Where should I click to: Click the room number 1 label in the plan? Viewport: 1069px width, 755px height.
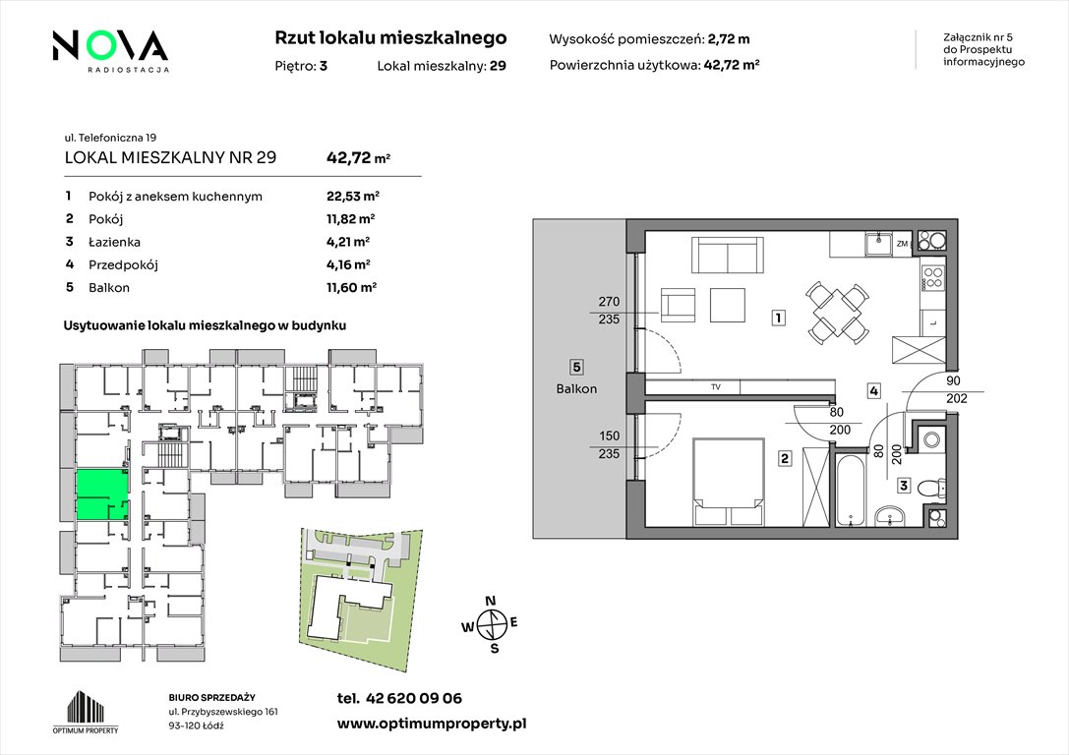[x=778, y=317]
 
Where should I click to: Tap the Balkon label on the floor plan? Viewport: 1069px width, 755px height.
[x=576, y=389]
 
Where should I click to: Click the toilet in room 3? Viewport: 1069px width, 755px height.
[x=931, y=489]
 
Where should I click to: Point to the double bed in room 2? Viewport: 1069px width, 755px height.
[x=728, y=483]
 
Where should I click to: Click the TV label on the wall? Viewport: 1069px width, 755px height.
[x=716, y=387]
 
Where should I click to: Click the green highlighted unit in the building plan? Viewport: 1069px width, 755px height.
[x=101, y=495]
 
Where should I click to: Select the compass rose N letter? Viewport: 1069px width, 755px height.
[x=490, y=601]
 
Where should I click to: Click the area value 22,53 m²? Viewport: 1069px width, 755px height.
[x=352, y=197]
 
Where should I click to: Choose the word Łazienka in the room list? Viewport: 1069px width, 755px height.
[x=114, y=242]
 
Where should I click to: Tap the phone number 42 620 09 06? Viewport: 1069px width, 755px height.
[x=414, y=698]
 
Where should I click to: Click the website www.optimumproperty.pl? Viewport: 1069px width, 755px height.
[x=432, y=725]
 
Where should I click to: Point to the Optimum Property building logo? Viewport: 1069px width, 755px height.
[x=86, y=712]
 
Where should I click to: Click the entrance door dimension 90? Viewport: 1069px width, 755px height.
[x=953, y=380]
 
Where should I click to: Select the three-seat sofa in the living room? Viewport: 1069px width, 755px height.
[x=728, y=255]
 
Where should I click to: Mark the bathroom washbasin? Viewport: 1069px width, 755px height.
[x=890, y=516]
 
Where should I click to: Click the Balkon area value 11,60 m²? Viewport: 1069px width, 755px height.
[x=352, y=288]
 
